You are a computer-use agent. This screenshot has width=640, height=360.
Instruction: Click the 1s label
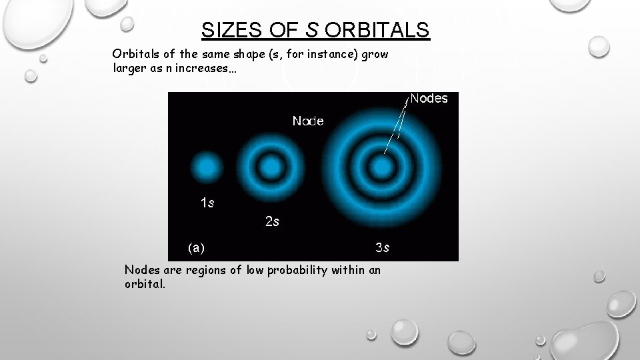point(207,203)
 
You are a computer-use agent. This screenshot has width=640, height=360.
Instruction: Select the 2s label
point(272,221)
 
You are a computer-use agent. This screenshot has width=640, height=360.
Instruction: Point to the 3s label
point(382,248)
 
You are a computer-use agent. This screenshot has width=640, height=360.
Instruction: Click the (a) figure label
point(196,248)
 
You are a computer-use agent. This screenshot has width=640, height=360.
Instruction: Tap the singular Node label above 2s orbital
point(308,121)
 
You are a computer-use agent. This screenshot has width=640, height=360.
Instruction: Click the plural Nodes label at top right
point(429,99)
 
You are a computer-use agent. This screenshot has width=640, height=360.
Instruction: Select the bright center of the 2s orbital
point(270,166)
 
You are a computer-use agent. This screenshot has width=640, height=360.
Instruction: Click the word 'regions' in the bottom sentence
point(200,269)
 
